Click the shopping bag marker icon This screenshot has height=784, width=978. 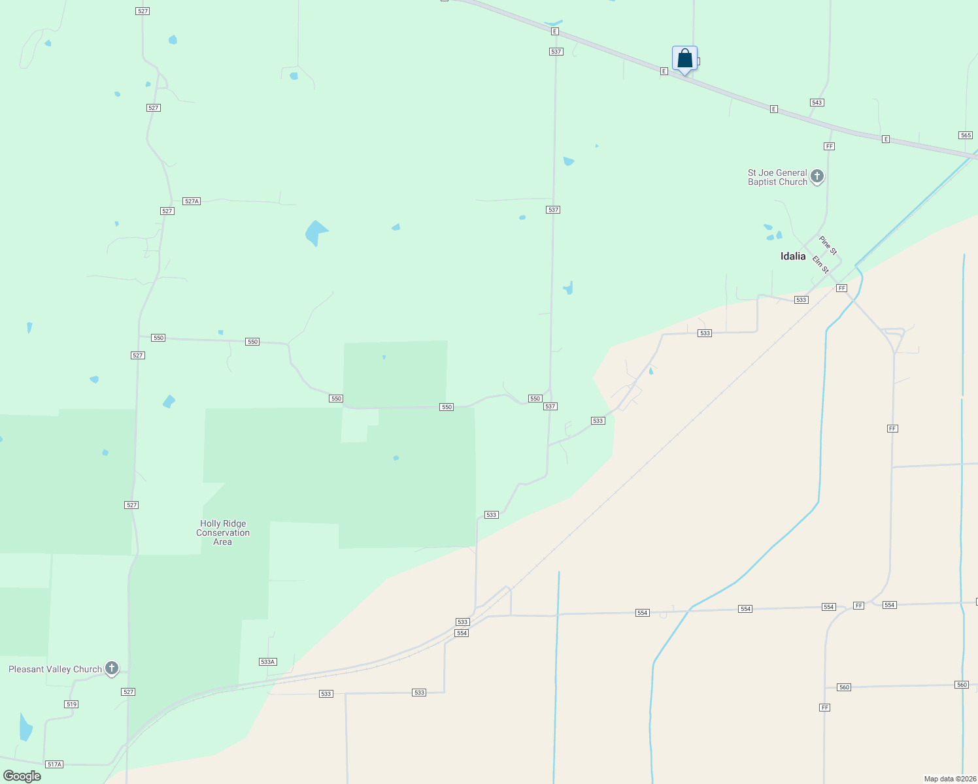click(x=684, y=59)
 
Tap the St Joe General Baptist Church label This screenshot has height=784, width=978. click(x=777, y=177)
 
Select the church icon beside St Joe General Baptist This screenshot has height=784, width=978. click(x=817, y=176)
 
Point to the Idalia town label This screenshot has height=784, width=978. click(x=793, y=256)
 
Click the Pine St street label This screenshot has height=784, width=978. click(x=828, y=246)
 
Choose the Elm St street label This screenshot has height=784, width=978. click(x=820, y=265)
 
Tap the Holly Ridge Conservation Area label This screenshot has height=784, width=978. click(x=223, y=532)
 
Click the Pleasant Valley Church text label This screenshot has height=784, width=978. click(x=55, y=669)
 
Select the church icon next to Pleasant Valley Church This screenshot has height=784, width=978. click(x=112, y=668)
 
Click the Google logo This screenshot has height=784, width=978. click(x=22, y=776)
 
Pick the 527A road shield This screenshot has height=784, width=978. click(x=192, y=201)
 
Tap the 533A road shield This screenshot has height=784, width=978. click(x=268, y=662)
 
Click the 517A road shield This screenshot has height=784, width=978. click(x=54, y=764)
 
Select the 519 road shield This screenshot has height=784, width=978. click(x=71, y=704)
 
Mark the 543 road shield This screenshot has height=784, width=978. click(x=817, y=103)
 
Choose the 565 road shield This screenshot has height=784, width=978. click(x=966, y=135)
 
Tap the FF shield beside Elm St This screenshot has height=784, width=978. click(x=841, y=288)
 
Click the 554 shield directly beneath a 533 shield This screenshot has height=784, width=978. click(x=462, y=633)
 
